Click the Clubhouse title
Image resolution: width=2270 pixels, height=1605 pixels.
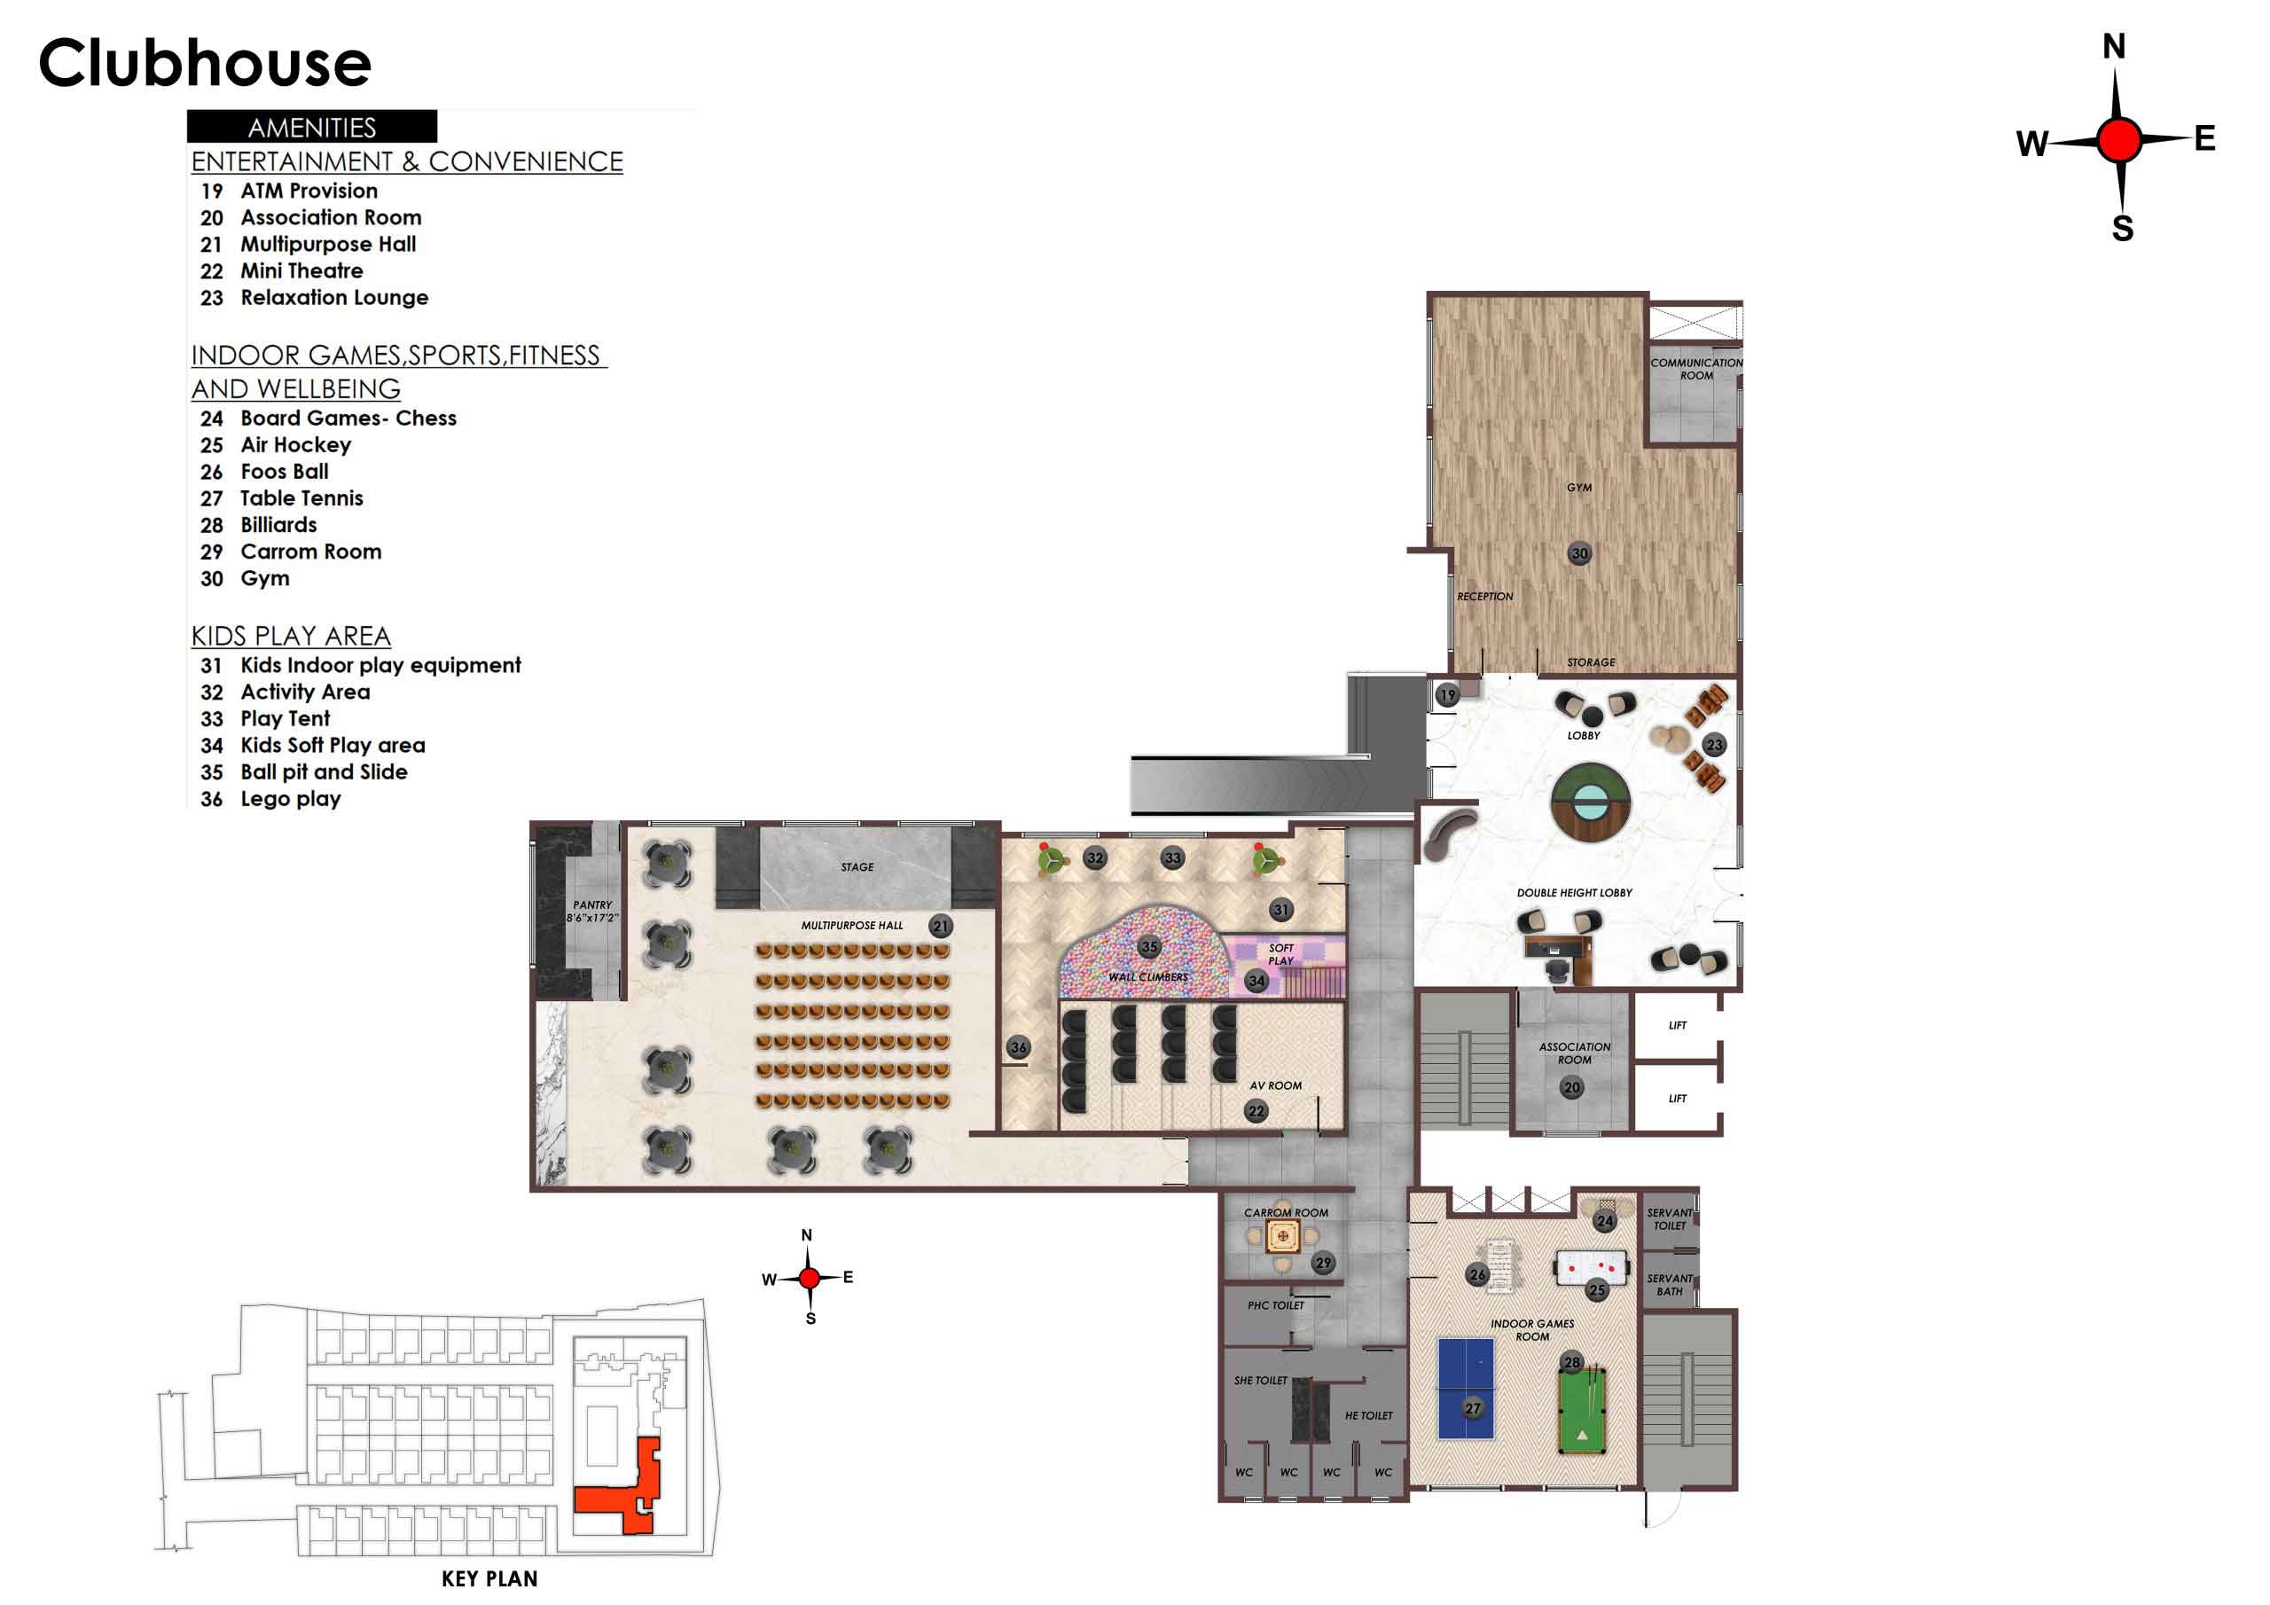(205, 62)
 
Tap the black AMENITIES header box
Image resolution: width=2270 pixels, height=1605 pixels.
(311, 127)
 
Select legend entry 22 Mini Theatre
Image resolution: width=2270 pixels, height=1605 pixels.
(282, 271)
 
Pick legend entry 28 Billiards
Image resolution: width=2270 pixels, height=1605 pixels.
(259, 525)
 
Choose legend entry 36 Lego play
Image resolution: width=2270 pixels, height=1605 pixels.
(271, 799)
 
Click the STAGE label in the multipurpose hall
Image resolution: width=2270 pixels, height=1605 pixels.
(857, 867)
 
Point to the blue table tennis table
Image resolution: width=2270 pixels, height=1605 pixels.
(1467, 1389)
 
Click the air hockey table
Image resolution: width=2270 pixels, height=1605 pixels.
(1592, 1268)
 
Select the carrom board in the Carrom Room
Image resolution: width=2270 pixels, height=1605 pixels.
(1282, 1236)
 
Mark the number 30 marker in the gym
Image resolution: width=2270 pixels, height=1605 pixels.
(1580, 554)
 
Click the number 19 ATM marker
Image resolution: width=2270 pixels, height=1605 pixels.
(1447, 695)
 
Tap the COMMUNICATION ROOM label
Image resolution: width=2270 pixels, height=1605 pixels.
(1696, 369)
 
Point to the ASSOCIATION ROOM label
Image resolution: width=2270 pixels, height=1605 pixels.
(1575, 1053)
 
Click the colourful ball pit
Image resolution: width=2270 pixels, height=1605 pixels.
(1145, 952)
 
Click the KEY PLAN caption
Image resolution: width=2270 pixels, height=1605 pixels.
(489, 1579)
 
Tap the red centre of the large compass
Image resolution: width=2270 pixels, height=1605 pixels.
(2118, 140)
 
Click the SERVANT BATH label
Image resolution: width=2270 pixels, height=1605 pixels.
(1670, 1285)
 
